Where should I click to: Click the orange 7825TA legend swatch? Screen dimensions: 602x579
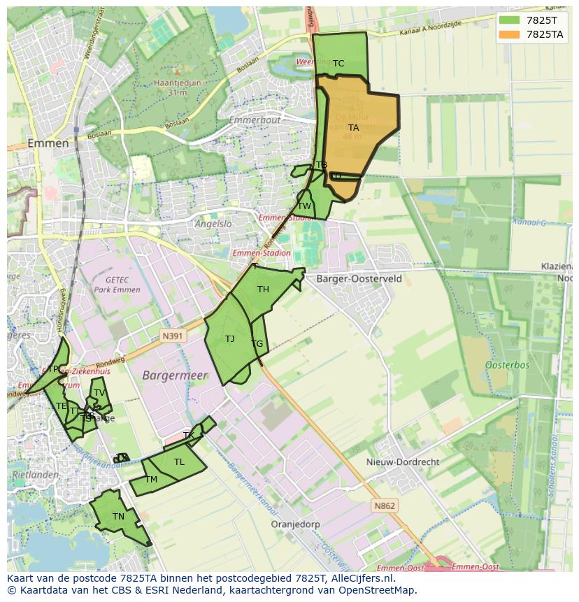tap(510, 34)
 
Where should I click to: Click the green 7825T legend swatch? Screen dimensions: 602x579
tap(510, 20)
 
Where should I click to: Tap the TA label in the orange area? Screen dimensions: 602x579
tap(353, 128)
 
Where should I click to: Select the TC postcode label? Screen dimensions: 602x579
tap(338, 64)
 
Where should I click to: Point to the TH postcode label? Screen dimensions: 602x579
tap(263, 289)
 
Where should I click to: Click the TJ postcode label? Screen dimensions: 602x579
tap(229, 339)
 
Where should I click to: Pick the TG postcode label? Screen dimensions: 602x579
tap(257, 344)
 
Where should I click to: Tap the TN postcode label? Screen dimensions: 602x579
tap(118, 517)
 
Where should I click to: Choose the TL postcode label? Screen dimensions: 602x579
tap(179, 462)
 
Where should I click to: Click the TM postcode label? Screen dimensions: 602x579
tap(151, 480)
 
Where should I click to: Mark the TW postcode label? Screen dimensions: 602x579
tap(304, 206)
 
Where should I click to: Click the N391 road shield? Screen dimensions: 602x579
tap(172, 336)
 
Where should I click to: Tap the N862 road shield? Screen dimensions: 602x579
tap(384, 506)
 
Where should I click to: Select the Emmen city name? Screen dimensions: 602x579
tap(48, 143)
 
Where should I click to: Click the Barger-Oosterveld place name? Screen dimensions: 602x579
tap(359, 278)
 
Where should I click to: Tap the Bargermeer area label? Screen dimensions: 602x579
tap(175, 375)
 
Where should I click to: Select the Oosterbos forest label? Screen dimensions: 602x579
tap(507, 365)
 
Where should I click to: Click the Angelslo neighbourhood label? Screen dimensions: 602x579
tap(213, 224)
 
